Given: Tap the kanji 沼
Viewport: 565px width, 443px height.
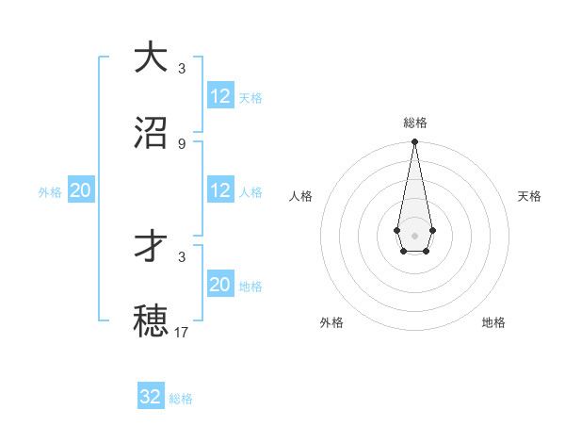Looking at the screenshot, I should point(151,133).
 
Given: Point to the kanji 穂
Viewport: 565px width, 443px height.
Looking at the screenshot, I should point(151,320).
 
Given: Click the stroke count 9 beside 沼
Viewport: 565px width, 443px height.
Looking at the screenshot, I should point(181,143).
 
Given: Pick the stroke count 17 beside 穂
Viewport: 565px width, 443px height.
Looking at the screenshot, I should point(182,332).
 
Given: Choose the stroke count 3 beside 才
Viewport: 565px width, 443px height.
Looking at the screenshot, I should point(181,256).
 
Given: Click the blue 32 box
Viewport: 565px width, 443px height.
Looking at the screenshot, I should point(151,397).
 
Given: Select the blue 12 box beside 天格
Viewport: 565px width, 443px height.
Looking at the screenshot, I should point(220,96).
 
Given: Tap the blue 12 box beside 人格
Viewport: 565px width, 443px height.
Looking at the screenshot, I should point(220,190).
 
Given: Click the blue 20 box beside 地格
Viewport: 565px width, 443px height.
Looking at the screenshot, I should point(220,285).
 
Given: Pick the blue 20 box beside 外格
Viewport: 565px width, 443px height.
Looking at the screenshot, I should point(81,190).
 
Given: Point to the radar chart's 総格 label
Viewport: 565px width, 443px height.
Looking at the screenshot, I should point(414,123).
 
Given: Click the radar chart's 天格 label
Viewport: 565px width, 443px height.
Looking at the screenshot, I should point(529,196).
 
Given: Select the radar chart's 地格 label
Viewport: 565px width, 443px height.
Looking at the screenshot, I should point(493,322).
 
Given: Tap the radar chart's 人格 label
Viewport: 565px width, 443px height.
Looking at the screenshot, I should point(300,196).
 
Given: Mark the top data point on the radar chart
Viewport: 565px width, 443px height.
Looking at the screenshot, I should point(414,142).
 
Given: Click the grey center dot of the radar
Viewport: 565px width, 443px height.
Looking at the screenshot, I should point(414,234).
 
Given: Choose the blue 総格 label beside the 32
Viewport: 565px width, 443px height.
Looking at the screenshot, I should point(181,399).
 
